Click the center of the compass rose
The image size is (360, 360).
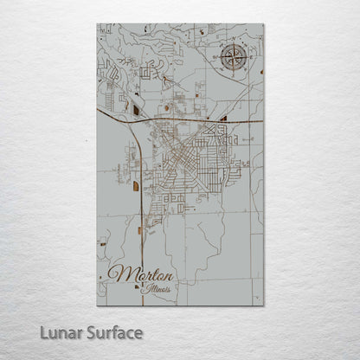click(233, 59)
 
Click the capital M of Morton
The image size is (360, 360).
click(119, 275)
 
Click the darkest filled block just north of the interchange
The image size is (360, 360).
click(137, 109)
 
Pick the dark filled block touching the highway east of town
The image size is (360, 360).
click(224, 118)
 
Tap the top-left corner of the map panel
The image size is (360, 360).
click(97, 25)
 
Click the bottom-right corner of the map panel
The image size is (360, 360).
click(264, 305)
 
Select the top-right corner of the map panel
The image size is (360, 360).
click(264, 25)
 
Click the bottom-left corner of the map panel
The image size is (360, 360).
click(97, 305)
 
